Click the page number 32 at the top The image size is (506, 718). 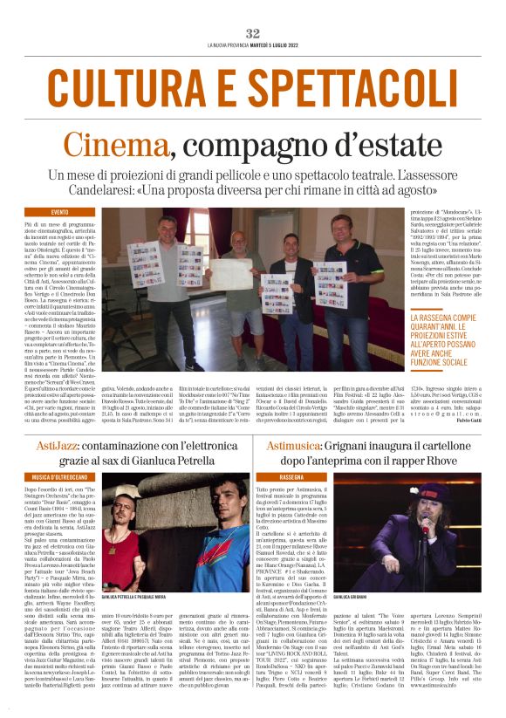(x=253, y=32)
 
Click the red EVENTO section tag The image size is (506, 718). (x=60, y=212)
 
